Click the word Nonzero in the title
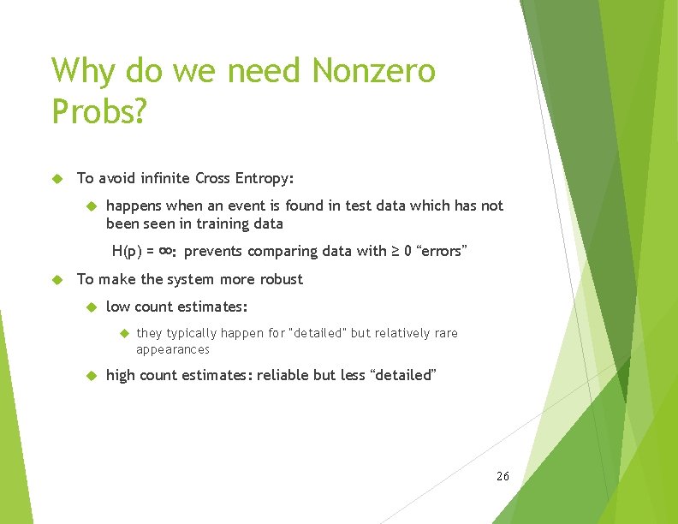(374, 70)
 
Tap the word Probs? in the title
(100, 110)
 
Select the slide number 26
(503, 475)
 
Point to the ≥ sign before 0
(396, 251)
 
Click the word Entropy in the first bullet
(262, 178)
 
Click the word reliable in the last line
(286, 375)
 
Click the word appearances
(173, 349)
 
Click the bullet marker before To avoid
(58, 179)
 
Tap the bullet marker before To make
(58, 280)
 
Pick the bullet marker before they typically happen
(122, 333)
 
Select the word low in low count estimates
(117, 307)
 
